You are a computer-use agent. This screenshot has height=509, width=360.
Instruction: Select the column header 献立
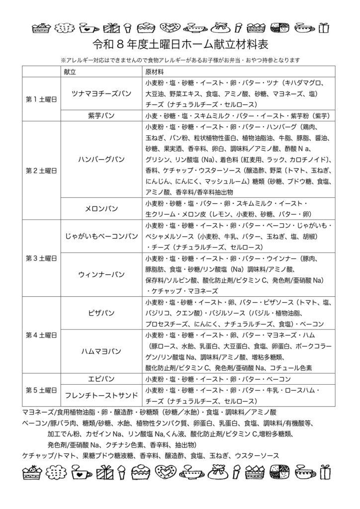(70, 72)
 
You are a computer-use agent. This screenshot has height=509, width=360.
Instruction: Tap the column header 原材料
(152, 72)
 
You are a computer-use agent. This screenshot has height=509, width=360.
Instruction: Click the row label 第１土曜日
(41, 99)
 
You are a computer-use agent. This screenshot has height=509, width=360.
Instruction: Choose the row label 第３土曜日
(41, 258)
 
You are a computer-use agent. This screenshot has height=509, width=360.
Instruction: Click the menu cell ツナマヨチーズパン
(101, 93)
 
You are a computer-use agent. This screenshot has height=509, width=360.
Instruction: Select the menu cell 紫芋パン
(101, 116)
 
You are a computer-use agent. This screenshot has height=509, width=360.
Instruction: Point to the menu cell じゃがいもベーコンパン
(101, 236)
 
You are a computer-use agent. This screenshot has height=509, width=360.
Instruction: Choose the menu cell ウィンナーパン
(101, 274)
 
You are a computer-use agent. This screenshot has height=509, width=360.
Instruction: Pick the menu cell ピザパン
(101, 313)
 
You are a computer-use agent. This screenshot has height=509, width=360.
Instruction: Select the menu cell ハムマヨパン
(101, 351)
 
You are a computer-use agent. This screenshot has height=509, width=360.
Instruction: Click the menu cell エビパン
(101, 379)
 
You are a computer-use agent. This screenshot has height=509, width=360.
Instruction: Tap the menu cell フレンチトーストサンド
(101, 396)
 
